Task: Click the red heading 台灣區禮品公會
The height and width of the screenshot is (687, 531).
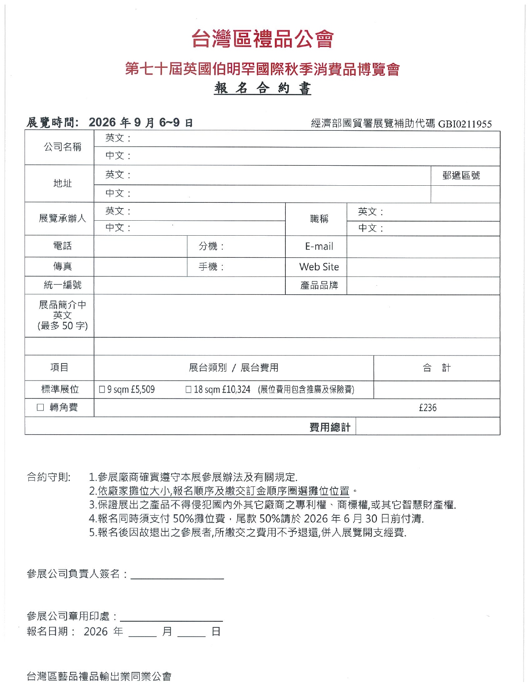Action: coord(263,39)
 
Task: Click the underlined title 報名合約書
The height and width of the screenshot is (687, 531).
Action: coord(263,88)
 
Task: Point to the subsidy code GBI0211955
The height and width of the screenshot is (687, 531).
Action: coord(465,124)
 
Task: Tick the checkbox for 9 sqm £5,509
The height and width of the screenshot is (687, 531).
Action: coord(102,390)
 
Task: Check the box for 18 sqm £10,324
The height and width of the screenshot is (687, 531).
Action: coord(189,390)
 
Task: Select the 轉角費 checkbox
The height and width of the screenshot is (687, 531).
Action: coord(40,408)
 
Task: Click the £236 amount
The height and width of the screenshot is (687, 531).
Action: coord(428,408)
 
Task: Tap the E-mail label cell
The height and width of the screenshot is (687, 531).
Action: coord(319,246)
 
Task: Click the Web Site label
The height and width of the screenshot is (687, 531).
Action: coord(319,267)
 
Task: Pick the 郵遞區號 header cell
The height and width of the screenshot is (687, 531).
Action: coord(461,176)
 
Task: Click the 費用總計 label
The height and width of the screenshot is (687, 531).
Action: coord(330,427)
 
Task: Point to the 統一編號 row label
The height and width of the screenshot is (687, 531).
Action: coord(62,285)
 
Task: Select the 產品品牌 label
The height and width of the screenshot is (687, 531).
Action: coord(319,286)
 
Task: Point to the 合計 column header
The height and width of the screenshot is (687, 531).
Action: coord(436,368)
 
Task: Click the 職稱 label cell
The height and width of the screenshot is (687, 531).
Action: coord(319,219)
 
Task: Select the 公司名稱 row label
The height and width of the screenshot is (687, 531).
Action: coord(62,147)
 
